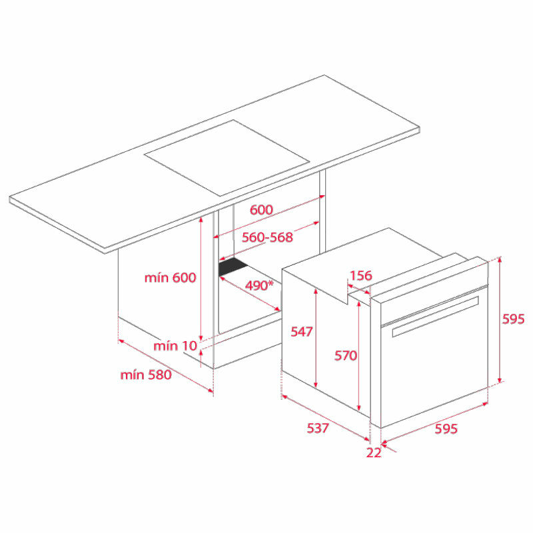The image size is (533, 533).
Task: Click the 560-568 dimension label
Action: [x=267, y=237]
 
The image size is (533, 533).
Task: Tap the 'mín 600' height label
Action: [x=171, y=278]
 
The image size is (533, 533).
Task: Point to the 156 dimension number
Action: [x=360, y=276]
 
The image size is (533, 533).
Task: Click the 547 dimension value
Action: [x=301, y=331]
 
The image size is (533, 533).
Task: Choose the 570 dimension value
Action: [x=346, y=356]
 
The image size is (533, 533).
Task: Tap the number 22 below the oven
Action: [x=374, y=453]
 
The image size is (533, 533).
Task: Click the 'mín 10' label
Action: [x=175, y=346]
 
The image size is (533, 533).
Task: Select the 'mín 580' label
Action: [x=146, y=374]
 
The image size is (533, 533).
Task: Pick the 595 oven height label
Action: [x=514, y=319]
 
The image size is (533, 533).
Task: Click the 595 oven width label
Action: [x=446, y=429]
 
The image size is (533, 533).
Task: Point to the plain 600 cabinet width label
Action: [x=261, y=209]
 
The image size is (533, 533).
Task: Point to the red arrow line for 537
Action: [x=326, y=418]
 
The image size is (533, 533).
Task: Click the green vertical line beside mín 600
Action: [x=201, y=280]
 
